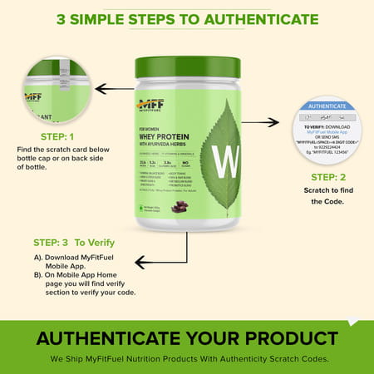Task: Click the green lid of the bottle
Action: tap(187, 66)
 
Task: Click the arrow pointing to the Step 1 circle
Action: tap(115, 87)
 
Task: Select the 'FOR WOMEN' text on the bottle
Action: tap(151, 129)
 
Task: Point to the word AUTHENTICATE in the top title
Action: tap(250, 18)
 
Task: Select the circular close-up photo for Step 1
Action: tap(57, 90)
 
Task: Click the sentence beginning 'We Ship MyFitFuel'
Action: tap(187, 358)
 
